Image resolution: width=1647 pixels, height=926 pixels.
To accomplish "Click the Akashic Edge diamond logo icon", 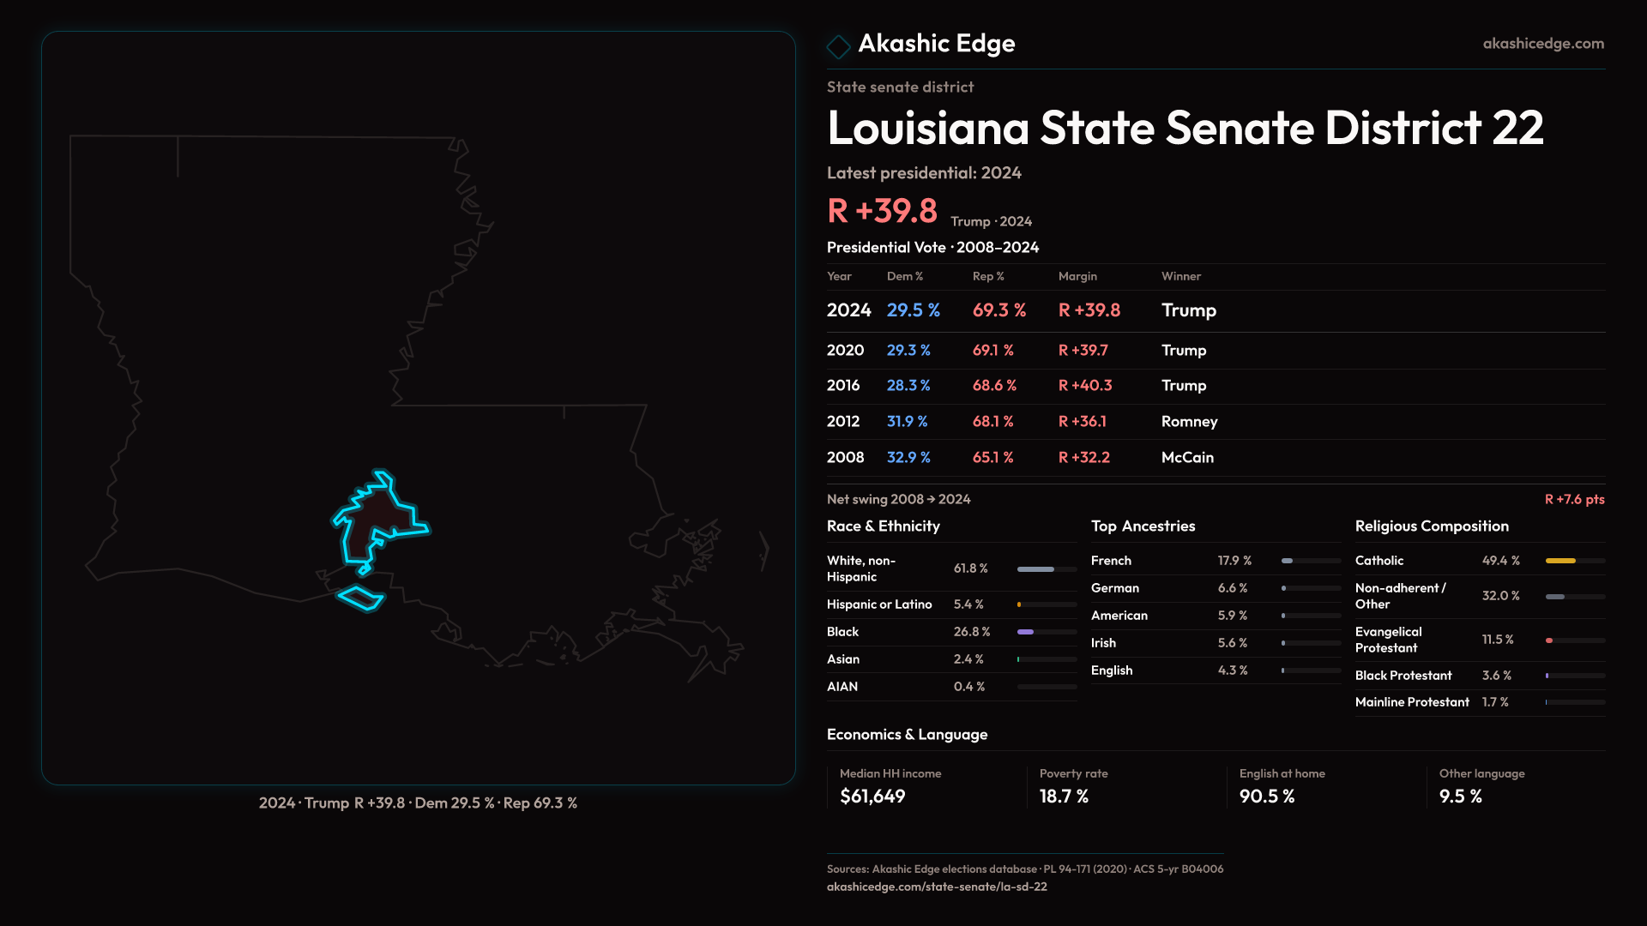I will [x=838, y=45].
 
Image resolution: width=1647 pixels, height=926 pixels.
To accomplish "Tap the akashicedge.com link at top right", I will [x=1542, y=44].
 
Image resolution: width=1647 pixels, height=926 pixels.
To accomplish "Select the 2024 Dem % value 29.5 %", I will [x=913, y=310].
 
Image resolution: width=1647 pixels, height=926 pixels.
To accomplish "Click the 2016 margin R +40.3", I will [x=1084, y=386].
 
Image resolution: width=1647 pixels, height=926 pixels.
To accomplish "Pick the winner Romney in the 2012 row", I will [x=1189, y=422].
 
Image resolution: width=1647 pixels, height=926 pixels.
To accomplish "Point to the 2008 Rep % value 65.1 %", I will [x=992, y=458].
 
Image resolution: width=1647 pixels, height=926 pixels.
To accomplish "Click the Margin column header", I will [x=1077, y=276].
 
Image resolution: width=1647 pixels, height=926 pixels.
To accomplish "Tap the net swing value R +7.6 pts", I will [x=1574, y=499].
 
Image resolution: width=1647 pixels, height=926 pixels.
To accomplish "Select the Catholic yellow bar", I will [x=1560, y=561].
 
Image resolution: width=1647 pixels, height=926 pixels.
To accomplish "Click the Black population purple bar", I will [x=1025, y=632].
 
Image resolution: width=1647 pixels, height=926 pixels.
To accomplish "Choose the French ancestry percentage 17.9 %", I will [x=1234, y=561].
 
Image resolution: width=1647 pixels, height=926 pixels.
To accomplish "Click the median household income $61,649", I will [x=872, y=797].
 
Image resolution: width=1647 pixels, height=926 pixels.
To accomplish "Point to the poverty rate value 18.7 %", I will [x=1064, y=797].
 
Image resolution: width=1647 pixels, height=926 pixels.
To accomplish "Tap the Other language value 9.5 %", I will [x=1460, y=797].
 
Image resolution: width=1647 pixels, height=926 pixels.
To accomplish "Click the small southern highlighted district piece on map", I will [x=360, y=598].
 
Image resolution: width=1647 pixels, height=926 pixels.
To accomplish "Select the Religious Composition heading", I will [x=1432, y=526].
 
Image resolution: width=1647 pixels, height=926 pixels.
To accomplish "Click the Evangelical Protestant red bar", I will [x=1549, y=640].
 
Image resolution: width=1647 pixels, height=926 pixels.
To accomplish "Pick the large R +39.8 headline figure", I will [x=882, y=211].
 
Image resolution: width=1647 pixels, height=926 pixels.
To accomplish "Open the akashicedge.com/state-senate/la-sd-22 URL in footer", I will [x=937, y=887].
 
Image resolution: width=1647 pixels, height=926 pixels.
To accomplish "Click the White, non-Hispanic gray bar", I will [x=1035, y=569].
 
